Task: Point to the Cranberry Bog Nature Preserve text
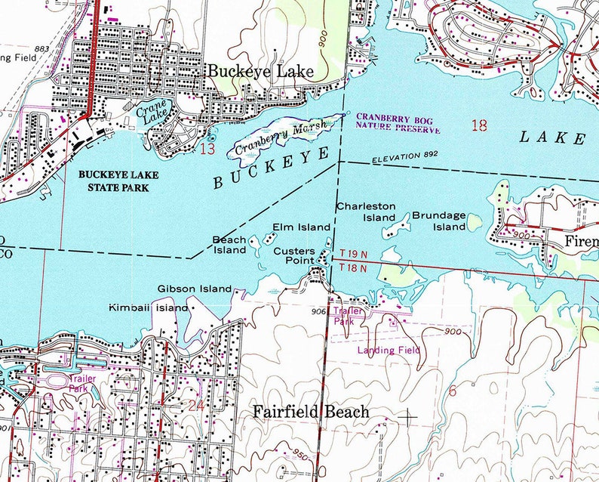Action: pos(398,123)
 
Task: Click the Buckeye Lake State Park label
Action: pos(113,180)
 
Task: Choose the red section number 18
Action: pos(478,125)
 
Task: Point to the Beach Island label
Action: pos(229,244)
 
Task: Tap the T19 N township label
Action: pos(353,255)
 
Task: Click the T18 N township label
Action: pos(353,267)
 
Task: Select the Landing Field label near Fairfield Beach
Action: pos(388,350)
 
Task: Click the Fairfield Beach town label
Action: pos(311,412)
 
